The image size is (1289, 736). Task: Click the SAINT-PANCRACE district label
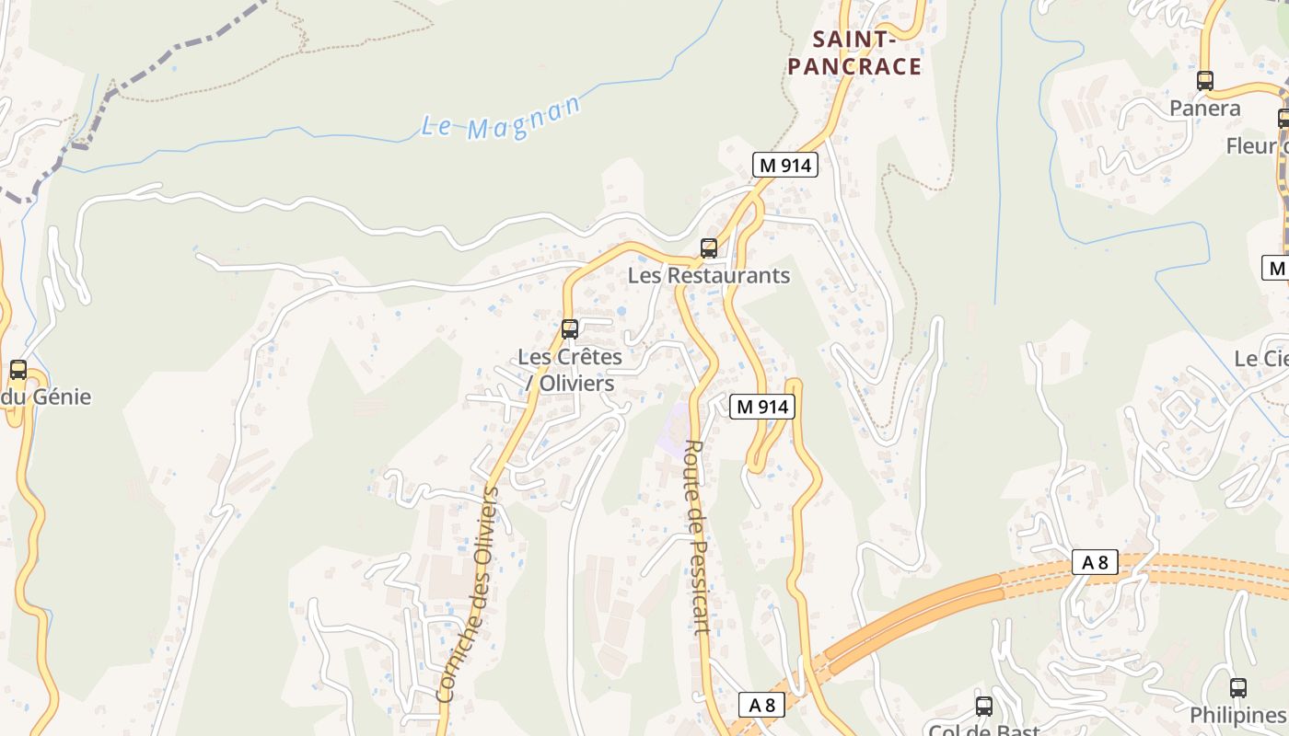click(854, 52)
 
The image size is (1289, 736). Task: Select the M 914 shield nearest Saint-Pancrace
click(784, 165)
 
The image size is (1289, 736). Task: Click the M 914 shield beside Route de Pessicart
click(762, 406)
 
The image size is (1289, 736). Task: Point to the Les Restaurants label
click(709, 275)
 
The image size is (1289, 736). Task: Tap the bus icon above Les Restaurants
click(708, 247)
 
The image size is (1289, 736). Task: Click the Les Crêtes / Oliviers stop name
click(570, 369)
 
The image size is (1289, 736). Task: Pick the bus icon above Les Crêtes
click(570, 328)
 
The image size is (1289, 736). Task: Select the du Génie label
click(46, 397)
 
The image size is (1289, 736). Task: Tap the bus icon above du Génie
click(17, 370)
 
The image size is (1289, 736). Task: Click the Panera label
click(1205, 109)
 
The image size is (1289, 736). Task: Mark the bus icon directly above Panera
click(1205, 81)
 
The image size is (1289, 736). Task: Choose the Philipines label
click(1237, 715)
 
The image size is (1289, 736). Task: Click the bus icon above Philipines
click(1238, 687)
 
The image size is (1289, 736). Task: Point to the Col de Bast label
click(983, 730)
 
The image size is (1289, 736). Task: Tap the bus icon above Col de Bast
click(984, 706)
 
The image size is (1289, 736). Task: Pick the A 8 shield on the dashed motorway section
click(1095, 562)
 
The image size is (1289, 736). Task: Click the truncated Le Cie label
click(1261, 358)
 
